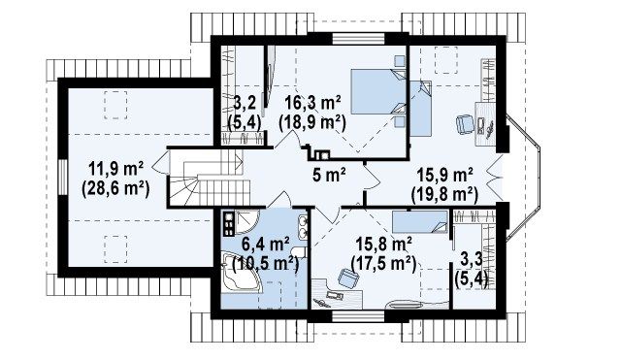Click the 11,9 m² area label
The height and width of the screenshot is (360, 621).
click(x=115, y=170)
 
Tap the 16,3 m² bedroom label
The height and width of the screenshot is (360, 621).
click(x=313, y=104)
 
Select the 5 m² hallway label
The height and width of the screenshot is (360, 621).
click(x=330, y=175)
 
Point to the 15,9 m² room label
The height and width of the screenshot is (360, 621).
click(x=444, y=175)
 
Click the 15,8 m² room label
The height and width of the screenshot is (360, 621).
click(x=383, y=244)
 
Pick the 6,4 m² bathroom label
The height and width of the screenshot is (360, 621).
click(x=266, y=244)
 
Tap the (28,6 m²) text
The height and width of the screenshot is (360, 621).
click(x=115, y=189)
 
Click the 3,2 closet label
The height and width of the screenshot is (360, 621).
click(x=245, y=103)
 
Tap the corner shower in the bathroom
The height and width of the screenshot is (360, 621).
click(x=247, y=223)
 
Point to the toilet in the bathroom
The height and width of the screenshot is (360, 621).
click(x=299, y=252)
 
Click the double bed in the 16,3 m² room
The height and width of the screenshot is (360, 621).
click(x=379, y=91)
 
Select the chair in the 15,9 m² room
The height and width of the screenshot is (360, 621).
click(x=465, y=124)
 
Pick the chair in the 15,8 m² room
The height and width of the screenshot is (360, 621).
click(x=347, y=277)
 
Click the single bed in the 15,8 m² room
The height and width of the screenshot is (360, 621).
click(x=420, y=221)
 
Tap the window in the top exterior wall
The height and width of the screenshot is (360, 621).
click(x=358, y=39)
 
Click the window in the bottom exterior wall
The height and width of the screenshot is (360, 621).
click(x=358, y=315)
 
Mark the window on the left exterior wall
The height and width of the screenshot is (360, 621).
click(x=63, y=177)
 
